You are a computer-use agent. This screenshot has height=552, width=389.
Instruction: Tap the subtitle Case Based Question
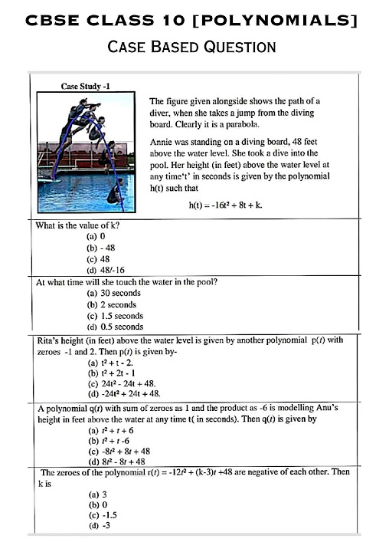point(192,47)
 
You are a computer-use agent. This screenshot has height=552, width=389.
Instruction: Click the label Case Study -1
point(85,87)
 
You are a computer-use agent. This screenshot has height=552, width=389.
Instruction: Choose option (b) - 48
point(100,248)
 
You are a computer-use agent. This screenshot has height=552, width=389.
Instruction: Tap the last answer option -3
point(97,528)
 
